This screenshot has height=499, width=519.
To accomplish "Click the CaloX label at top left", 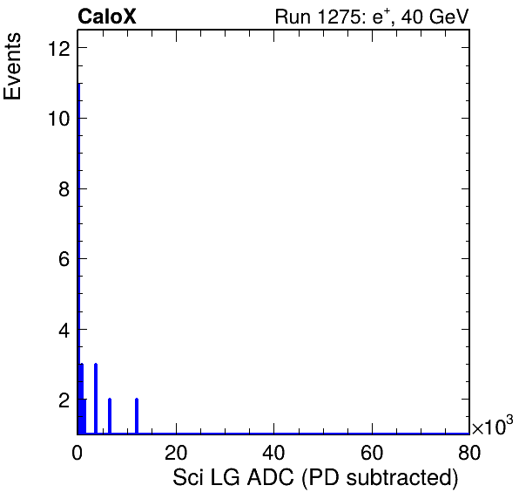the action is (x=107, y=17).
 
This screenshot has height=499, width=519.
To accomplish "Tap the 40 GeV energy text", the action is (x=435, y=17).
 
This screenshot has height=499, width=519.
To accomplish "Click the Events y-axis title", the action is (x=12, y=66).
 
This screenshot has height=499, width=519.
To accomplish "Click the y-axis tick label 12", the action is (x=59, y=49).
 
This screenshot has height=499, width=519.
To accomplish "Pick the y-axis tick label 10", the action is (x=59, y=119).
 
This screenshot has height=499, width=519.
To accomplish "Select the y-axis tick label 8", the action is (x=64, y=189).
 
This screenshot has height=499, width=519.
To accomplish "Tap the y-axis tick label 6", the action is (x=64, y=259).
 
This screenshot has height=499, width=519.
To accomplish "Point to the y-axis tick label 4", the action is (x=64, y=330).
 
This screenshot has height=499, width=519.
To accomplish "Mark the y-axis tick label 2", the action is (x=64, y=400).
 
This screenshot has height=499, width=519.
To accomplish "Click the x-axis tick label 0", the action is (x=78, y=452).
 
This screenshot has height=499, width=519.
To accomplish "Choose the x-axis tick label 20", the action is (x=176, y=452).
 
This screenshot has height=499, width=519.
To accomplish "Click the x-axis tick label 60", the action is (x=372, y=452).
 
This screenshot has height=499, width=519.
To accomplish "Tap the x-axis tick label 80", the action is (x=469, y=452).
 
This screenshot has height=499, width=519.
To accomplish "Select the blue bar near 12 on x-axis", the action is (x=137, y=416).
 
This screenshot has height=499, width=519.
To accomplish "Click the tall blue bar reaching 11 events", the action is (x=78, y=258).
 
